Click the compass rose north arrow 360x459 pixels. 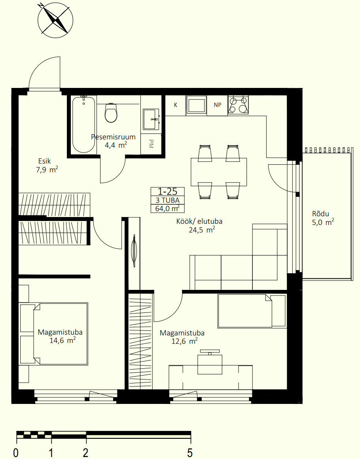55,20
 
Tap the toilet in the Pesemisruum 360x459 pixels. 111,113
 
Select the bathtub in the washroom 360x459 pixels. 83,124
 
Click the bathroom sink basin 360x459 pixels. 151,119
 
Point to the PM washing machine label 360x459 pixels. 151,144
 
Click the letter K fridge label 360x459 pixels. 176,105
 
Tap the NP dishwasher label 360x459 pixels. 217,105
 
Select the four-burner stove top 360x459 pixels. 238,105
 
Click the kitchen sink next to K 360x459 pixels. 196,105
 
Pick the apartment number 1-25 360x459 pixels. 168,191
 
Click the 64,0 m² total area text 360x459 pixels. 168,208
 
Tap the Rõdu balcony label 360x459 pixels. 320,214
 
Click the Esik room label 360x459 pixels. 44,161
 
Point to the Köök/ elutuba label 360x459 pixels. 199,221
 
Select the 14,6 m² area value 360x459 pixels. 63,341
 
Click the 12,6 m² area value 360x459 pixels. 184,341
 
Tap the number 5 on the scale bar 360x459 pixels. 190,453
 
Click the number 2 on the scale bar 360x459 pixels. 85,453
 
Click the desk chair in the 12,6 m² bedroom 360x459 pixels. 210,362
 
